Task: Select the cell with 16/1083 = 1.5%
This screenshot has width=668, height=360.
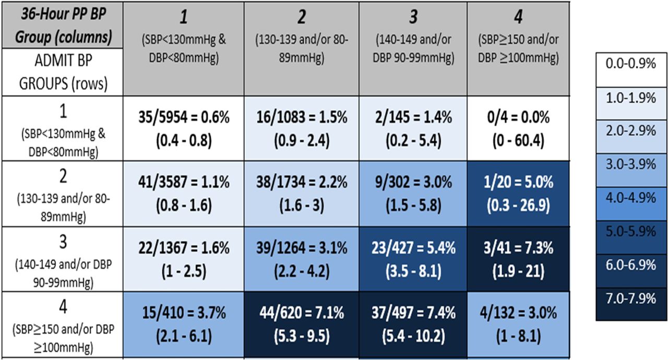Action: click(301, 128)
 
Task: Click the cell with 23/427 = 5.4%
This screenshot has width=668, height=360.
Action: click(412, 259)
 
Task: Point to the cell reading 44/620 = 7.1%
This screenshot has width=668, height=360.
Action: click(301, 325)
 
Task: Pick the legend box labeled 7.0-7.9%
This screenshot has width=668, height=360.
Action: click(631, 298)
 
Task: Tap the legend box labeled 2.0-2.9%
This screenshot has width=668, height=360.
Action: click(631, 131)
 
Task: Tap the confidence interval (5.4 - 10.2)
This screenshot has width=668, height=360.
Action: click(412, 335)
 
